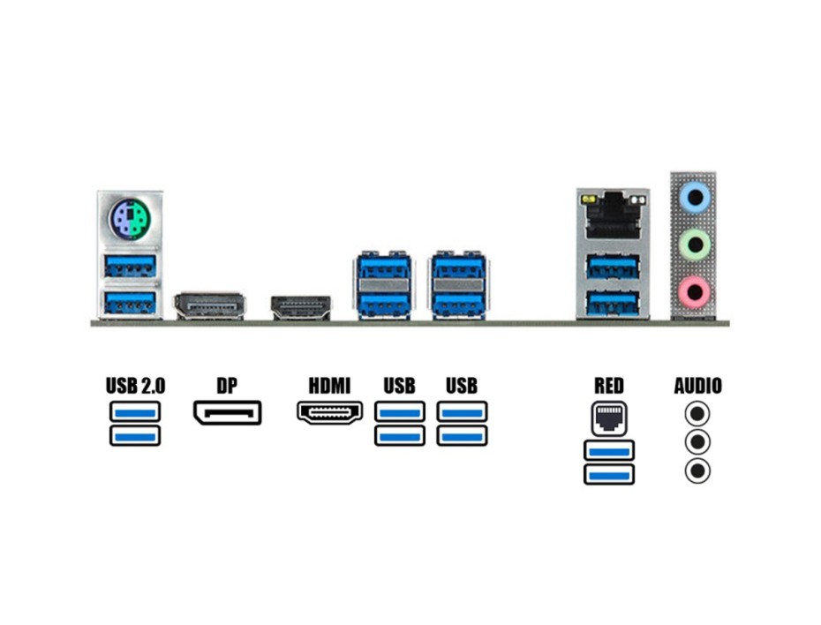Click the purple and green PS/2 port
point(130,219)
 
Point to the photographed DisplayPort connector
point(209,305)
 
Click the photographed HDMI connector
point(300,307)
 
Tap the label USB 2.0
point(135,386)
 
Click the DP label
point(227,386)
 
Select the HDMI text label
point(329,386)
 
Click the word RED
point(608,386)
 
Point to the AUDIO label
point(697,386)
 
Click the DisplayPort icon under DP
point(227,412)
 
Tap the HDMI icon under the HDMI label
point(329,412)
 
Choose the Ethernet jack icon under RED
point(608,418)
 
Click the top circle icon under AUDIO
point(697,413)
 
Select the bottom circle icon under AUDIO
point(697,471)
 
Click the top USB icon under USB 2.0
point(135,411)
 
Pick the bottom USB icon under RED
point(608,474)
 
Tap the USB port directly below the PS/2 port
point(130,265)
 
